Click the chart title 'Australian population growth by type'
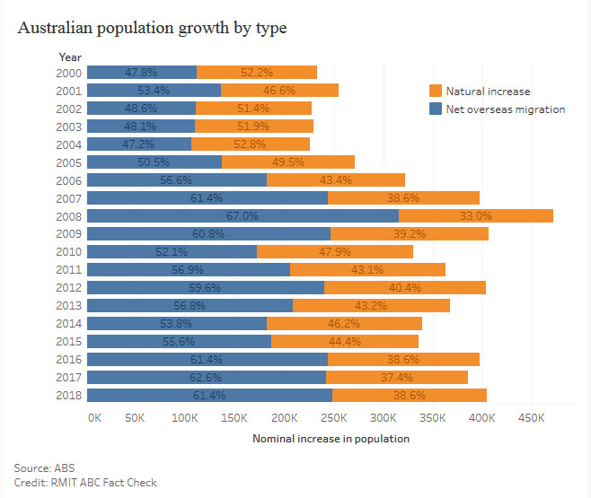coord(152,28)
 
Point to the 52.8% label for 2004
coord(251,144)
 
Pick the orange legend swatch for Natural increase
coord(436,91)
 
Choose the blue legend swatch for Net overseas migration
coord(436,109)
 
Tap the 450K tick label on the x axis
coord(532,417)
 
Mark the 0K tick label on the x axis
coord(93,417)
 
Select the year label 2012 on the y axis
coord(69,287)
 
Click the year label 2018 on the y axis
coord(69,395)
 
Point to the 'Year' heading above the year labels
coord(69,56)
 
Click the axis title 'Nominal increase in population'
coord(331,439)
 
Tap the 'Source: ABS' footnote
coord(45,467)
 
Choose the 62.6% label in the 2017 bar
coord(207,377)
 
